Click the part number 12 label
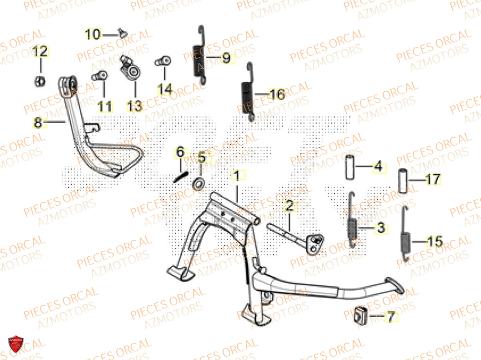[40, 51]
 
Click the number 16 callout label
[277, 95]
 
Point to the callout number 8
[38, 123]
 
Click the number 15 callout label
[434, 242]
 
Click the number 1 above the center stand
[237, 176]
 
